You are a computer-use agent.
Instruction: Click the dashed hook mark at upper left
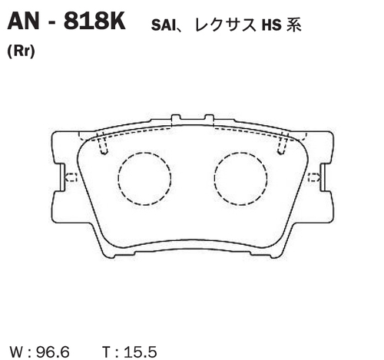pos(102,143)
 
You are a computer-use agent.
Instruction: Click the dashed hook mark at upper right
pos(282,143)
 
